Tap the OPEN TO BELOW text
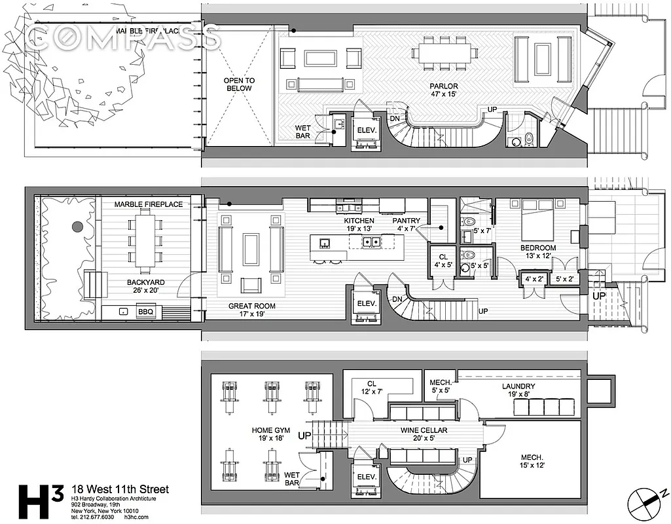[x=240, y=84]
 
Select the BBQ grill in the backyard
[x=145, y=312]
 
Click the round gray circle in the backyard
[x=77, y=227]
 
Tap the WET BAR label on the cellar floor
[x=292, y=479]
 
